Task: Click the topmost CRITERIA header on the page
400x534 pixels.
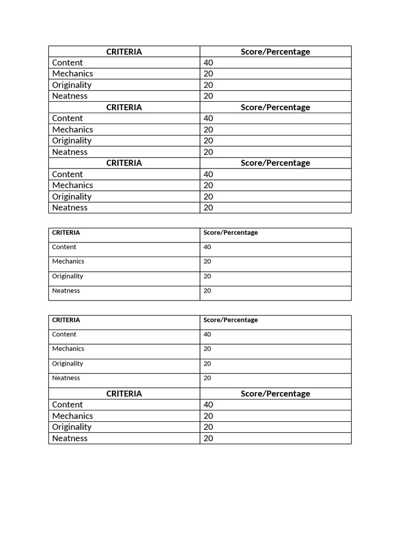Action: click(x=124, y=52)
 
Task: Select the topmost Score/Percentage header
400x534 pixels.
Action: click(x=275, y=52)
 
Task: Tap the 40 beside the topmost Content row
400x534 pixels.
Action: click(x=208, y=63)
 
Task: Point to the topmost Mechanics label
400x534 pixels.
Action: click(x=72, y=74)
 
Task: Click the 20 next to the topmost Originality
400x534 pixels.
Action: click(x=208, y=85)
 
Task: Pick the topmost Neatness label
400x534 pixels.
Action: click(x=70, y=96)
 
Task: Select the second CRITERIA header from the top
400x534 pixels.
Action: click(x=124, y=107)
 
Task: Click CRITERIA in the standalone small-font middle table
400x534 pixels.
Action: click(x=66, y=233)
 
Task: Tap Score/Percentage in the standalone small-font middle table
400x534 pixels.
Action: click(x=231, y=233)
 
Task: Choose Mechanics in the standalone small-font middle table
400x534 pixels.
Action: click(x=68, y=261)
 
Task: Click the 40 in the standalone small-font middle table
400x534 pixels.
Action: click(x=207, y=247)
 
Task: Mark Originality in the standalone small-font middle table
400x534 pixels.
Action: click(x=68, y=276)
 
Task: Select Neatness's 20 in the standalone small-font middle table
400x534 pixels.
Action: click(x=207, y=291)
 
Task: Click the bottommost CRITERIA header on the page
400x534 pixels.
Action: click(x=124, y=394)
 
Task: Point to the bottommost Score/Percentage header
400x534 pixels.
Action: click(x=275, y=394)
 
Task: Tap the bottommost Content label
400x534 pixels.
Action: click(x=67, y=405)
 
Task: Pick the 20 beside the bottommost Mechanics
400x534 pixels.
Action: click(x=208, y=416)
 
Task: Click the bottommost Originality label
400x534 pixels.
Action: click(x=72, y=427)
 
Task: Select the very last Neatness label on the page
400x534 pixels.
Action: click(x=70, y=439)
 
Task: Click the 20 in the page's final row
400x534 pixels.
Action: click(x=208, y=439)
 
